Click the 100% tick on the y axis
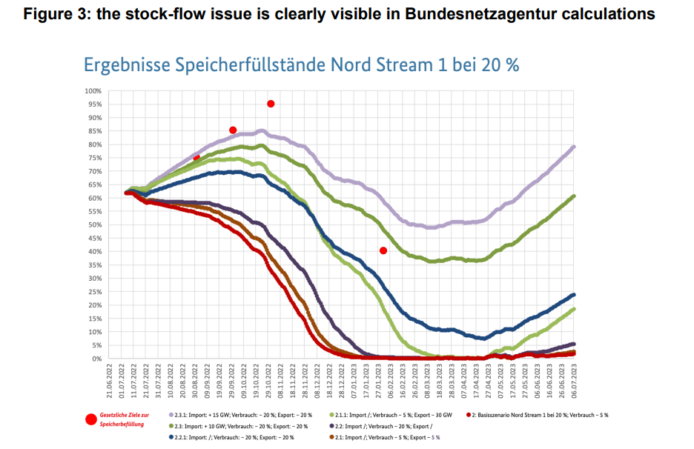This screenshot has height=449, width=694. click(92, 91)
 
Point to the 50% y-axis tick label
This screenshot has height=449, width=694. click(93, 224)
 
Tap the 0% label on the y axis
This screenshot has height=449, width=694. click(96, 359)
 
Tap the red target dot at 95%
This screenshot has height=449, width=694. click(271, 104)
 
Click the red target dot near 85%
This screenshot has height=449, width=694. click(233, 130)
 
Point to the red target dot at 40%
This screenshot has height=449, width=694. click(383, 250)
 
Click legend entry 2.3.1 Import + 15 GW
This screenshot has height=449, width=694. click(240, 415)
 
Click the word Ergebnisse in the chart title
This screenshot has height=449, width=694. click(126, 64)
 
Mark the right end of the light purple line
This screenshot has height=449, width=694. click(575, 147)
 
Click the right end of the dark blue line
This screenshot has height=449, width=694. click(575, 295)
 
